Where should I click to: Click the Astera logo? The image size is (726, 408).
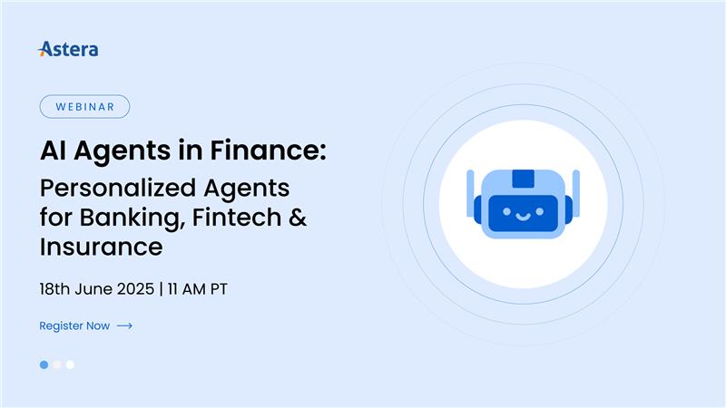68,49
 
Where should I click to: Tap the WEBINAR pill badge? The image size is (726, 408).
84,106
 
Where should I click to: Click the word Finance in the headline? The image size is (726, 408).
268,151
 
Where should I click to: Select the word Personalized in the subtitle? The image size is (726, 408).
118,189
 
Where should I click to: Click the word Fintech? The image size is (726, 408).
237,218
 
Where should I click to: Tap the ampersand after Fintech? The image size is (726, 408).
298,218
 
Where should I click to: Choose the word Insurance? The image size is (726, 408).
102,247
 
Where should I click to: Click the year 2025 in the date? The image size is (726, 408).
135,289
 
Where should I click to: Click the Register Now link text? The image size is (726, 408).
74,325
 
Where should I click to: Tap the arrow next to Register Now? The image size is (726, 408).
124,326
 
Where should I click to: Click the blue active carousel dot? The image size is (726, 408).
44,365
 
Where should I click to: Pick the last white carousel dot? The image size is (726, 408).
70,365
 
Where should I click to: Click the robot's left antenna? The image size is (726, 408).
470,193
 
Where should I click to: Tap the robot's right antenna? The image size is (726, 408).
576,193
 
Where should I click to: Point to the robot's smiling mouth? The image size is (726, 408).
524,216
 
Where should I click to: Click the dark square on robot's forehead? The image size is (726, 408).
524,179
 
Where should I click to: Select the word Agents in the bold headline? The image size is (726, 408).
123,151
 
